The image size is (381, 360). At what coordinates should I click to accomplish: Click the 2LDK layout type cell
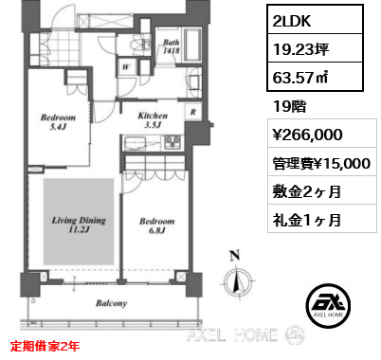pyautogui.click(x=315, y=20)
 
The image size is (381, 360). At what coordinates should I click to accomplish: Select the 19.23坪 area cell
pyautogui.click(x=315, y=48)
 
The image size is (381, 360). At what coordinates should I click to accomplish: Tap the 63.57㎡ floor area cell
pyautogui.click(x=315, y=77)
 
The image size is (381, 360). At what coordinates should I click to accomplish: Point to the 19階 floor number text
pyautogui.click(x=289, y=106)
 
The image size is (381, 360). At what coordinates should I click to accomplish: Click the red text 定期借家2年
pyautogui.click(x=45, y=346)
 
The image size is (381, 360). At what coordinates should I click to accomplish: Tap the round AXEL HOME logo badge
pyautogui.click(x=328, y=305)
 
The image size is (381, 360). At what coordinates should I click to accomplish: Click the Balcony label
pyautogui.click(x=112, y=303)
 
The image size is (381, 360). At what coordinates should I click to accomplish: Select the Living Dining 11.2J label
pyautogui.click(x=79, y=225)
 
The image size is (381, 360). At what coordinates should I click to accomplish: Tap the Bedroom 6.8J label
pyautogui.click(x=157, y=225)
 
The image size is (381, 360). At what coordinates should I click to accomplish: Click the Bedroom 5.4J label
pyautogui.click(x=58, y=122)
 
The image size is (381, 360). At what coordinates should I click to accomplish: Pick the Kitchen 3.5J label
pyautogui.click(x=153, y=120)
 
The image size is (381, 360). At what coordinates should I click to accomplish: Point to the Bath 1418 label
pyautogui.click(x=172, y=46)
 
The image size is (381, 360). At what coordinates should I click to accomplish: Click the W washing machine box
pyautogui.click(x=126, y=67)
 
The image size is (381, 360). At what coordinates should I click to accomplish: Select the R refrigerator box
pyautogui.click(x=193, y=112)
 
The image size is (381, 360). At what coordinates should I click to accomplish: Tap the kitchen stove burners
pyautogui.click(x=172, y=142)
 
